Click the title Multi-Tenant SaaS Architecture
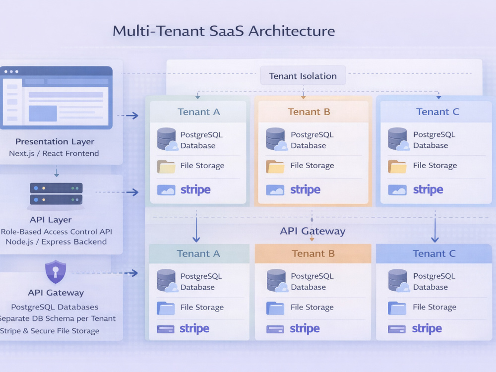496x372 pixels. click(224, 31)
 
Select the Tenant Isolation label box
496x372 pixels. click(303, 75)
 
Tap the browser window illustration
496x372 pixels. click(57, 98)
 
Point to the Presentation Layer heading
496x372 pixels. click(55, 141)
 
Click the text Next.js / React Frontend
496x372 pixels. click(54, 153)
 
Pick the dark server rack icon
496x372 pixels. click(56, 193)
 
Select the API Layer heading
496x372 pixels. click(51, 220)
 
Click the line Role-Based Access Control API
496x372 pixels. click(57, 232)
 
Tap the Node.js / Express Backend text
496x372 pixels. click(56, 242)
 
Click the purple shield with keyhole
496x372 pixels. click(56, 272)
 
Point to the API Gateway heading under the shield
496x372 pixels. click(56, 293)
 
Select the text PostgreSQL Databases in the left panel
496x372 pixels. click(55, 307)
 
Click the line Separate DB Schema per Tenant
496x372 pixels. click(58, 318)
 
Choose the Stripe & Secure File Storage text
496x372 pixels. click(49, 331)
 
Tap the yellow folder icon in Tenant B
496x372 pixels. click(275, 166)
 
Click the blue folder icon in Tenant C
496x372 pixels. click(397, 308)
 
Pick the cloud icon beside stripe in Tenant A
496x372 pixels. click(166, 190)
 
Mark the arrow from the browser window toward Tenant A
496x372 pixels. click(127, 116)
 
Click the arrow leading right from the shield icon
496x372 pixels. click(105, 273)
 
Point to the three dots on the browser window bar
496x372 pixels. click(11, 71)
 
